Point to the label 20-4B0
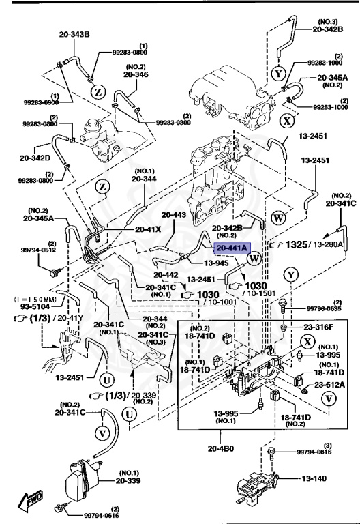(x=222, y=448)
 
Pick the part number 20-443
(x=174, y=214)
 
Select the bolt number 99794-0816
(x=314, y=452)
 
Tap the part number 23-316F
(x=315, y=327)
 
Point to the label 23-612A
(x=328, y=386)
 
